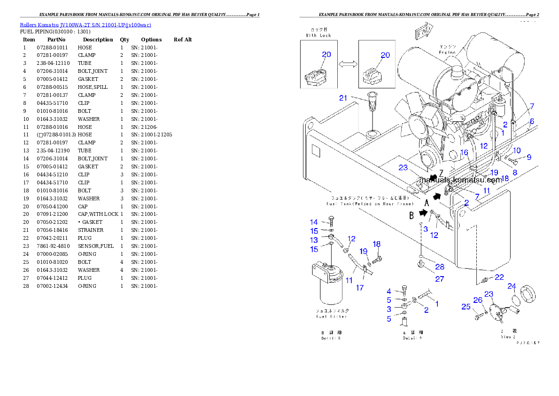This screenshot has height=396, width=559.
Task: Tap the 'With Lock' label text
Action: (x=318, y=35)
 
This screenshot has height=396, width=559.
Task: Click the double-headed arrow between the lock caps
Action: (x=348, y=64)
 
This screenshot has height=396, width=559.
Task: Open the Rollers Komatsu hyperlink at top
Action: (x=85, y=25)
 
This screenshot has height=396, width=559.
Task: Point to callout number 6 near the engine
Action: (x=532, y=121)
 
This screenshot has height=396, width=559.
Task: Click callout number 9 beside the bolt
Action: (x=528, y=157)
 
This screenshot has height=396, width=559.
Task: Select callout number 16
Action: (x=464, y=152)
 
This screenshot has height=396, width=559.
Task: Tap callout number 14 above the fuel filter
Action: (x=313, y=222)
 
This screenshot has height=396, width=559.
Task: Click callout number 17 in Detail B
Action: (x=359, y=288)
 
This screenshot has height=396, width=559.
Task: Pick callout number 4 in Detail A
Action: (x=389, y=292)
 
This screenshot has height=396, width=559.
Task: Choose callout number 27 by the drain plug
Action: (x=439, y=279)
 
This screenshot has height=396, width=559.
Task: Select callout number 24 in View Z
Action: (x=512, y=286)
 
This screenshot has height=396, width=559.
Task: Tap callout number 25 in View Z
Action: (x=466, y=307)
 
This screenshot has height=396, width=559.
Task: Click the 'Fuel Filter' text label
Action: (x=332, y=317)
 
